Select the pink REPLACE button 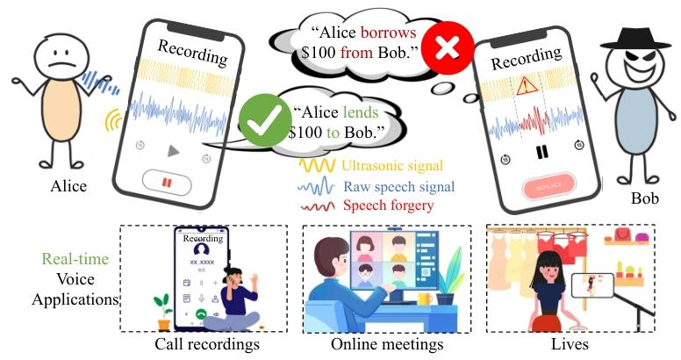click(548, 188)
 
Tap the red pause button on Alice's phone click(167, 181)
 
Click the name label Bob click(644, 198)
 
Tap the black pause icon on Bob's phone click(541, 151)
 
